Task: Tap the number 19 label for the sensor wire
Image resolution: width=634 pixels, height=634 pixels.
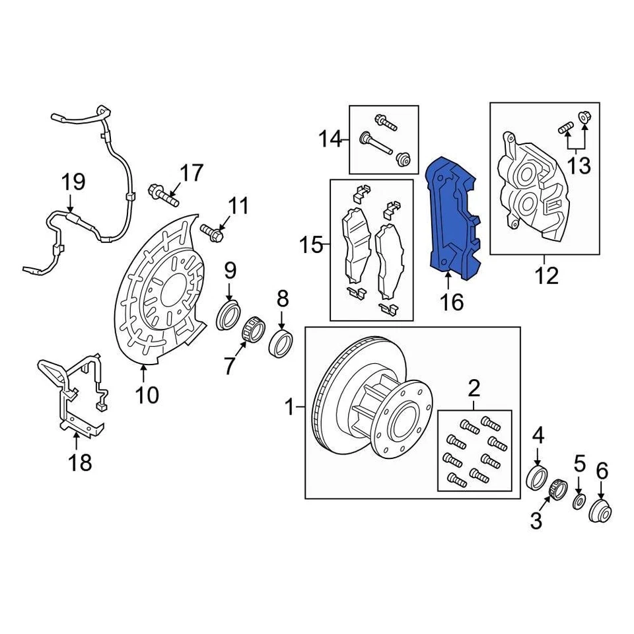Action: coord(74,182)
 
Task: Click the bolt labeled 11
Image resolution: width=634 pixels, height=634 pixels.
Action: coord(212,232)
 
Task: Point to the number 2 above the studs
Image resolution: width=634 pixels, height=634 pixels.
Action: coord(474,388)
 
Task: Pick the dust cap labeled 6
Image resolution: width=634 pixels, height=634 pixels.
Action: coord(601,510)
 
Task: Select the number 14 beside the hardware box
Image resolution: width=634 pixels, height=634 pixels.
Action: coord(330,139)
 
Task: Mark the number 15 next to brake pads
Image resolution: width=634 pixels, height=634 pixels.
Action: coord(310,246)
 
